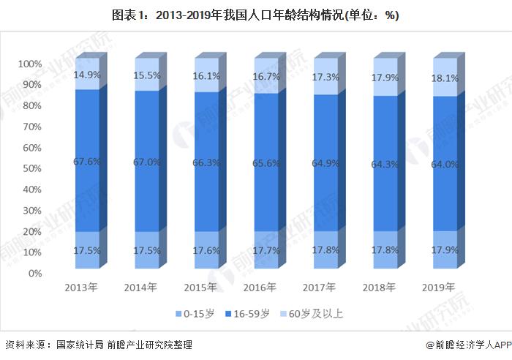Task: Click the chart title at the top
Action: pyautogui.click(x=255, y=15)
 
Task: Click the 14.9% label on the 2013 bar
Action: pyautogui.click(x=87, y=75)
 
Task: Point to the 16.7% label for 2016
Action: pyautogui.click(x=266, y=76)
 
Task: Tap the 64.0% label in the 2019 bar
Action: pyautogui.click(x=444, y=164)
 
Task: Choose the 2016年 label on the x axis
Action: pyautogui.click(x=262, y=287)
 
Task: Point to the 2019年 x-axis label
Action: pyautogui.click(x=440, y=287)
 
